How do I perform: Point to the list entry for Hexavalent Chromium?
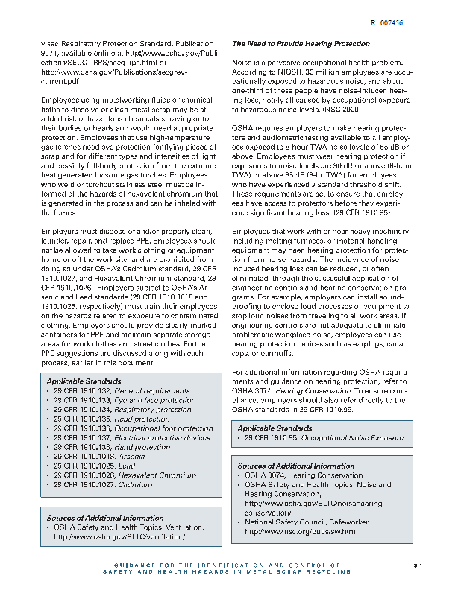(125, 475)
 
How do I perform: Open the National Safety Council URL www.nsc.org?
(300, 532)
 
